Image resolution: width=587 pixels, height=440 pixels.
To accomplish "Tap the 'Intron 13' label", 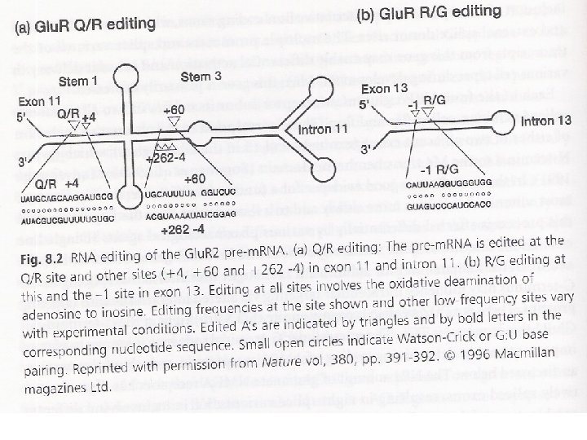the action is (x=547, y=120).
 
